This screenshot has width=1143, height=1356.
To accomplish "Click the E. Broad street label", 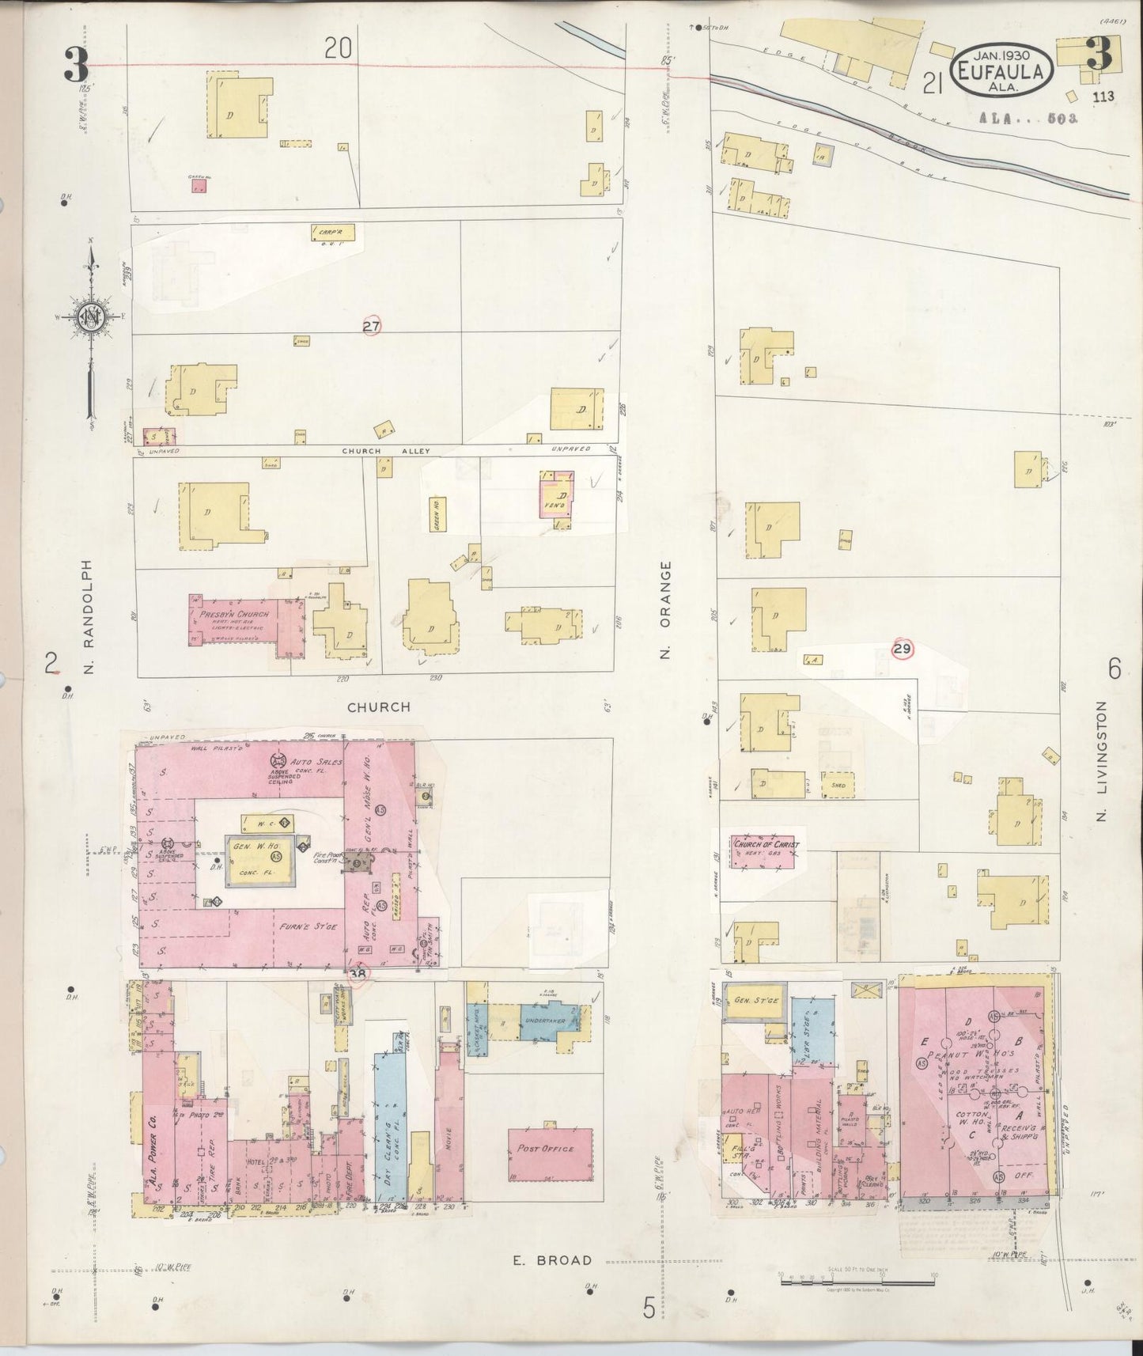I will pyautogui.click(x=551, y=1260).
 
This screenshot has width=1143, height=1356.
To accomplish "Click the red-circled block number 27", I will pyautogui.click(x=372, y=326).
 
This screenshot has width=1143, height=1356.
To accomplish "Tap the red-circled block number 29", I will pyautogui.click(x=902, y=650).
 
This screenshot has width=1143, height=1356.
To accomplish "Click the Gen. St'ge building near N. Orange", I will pyautogui.click(x=755, y=1001).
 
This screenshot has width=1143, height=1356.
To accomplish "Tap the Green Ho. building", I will pyautogui.click(x=434, y=513).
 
